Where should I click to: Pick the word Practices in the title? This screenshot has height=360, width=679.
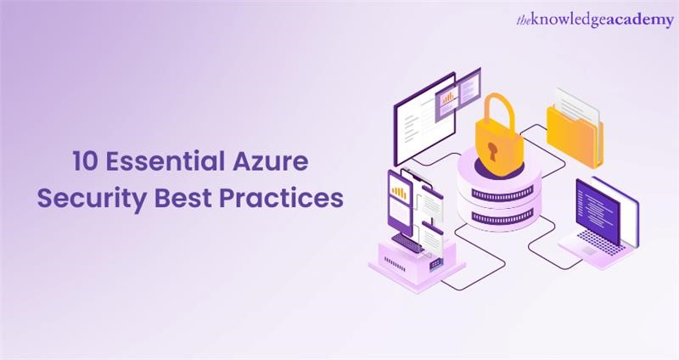coord(281,197)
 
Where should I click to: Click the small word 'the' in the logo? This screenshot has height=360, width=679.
coord(528,20)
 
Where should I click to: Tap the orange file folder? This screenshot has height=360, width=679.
coord(575,136)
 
